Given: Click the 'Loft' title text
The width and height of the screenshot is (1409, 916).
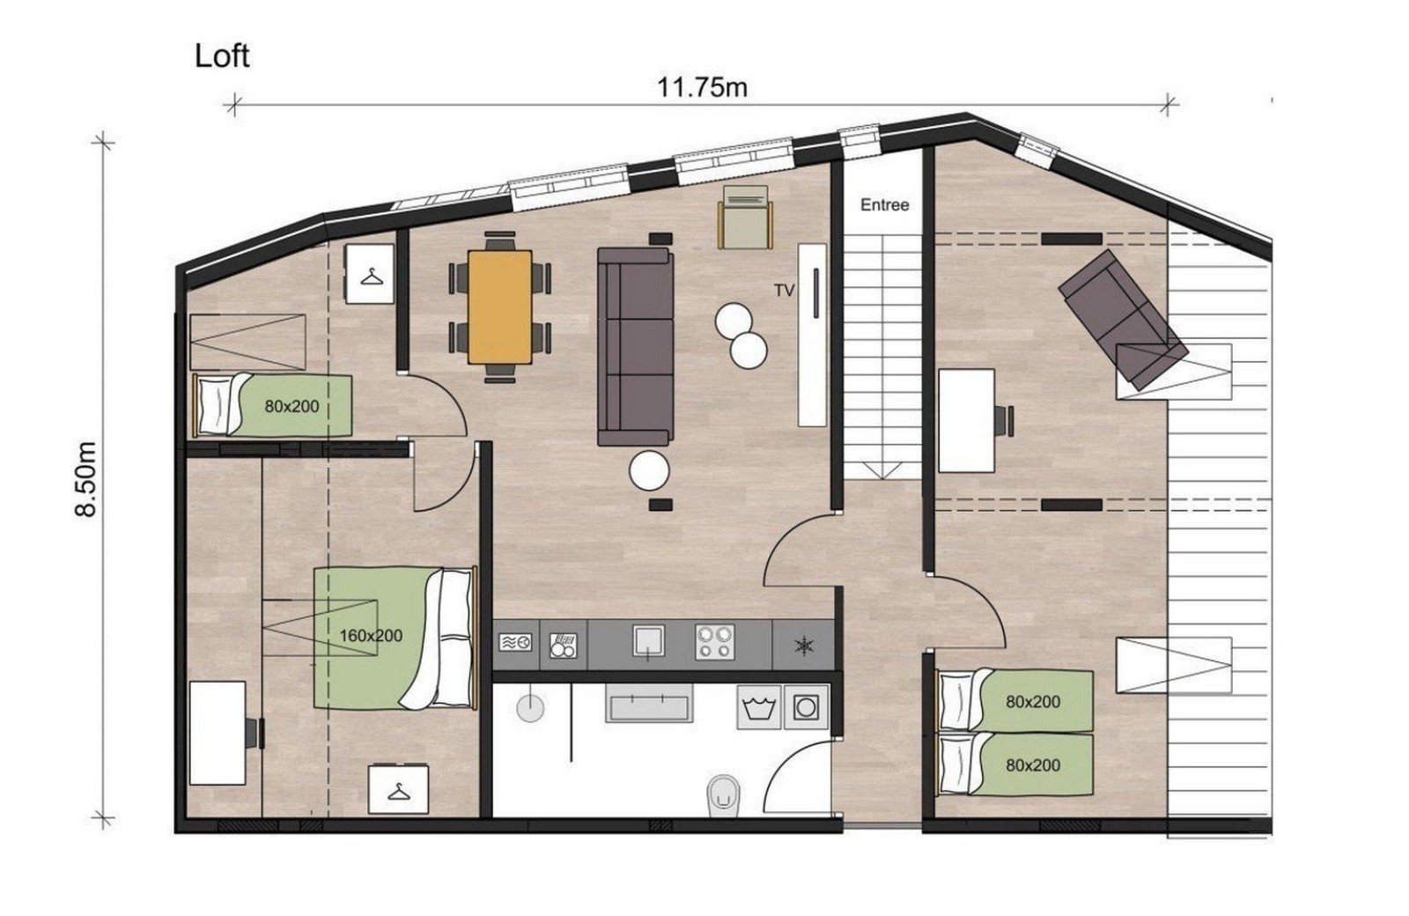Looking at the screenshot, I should pyautogui.click(x=222, y=55).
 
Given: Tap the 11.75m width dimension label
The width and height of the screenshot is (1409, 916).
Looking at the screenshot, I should pyautogui.click(x=702, y=87).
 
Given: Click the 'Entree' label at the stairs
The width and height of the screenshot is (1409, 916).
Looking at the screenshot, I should pyautogui.click(x=884, y=205).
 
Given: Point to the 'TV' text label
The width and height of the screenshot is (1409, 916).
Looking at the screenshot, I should pyautogui.click(x=784, y=289).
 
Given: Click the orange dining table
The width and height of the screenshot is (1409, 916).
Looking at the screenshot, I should pyautogui.click(x=500, y=306).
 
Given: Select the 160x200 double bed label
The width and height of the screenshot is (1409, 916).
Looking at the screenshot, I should pyautogui.click(x=371, y=635).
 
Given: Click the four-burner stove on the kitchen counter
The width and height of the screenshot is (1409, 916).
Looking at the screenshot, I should pyautogui.click(x=714, y=642).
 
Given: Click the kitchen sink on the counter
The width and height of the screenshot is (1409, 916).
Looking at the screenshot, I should pyautogui.click(x=648, y=642).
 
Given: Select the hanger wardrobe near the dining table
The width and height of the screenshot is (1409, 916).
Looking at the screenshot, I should pyautogui.click(x=370, y=275).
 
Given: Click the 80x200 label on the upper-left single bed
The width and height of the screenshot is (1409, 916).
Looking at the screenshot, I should pyautogui.click(x=291, y=406).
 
